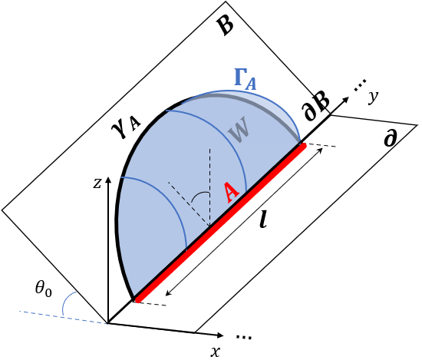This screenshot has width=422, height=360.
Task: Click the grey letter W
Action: tap(238, 130)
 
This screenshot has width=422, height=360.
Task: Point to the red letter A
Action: tap(231, 192)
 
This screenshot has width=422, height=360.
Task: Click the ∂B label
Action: tap(317, 107)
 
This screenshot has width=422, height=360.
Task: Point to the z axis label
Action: tap(97, 183)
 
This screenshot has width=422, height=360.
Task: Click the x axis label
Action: tap(216, 352)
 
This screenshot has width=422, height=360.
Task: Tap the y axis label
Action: tap(374, 97)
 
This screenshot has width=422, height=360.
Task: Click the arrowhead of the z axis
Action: tap(108, 179)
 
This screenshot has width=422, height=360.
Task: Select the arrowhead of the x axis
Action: tap(221, 335)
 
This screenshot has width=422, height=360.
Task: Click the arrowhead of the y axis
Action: tap(346, 99)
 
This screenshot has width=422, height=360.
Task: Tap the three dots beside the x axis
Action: tap(244, 337)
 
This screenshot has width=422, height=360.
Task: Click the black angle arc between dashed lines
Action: tap(199, 195)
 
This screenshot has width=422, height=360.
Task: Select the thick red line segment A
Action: tap(221, 223)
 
